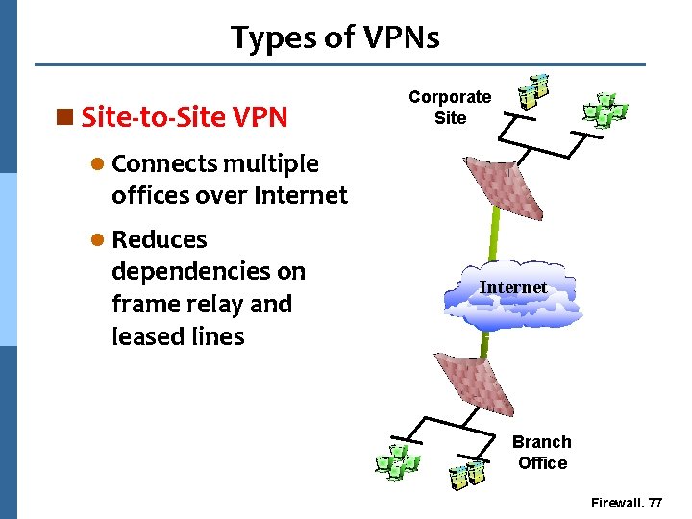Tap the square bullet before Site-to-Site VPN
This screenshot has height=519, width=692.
(65, 117)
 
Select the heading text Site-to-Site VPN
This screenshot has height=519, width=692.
(185, 117)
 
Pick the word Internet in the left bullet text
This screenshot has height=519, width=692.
(300, 196)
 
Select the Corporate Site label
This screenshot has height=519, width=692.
(450, 108)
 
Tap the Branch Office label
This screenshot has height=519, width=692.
(542, 453)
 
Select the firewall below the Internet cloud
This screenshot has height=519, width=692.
(478, 387)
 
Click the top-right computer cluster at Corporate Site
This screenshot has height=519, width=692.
(605, 111)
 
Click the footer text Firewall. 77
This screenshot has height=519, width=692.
(627, 503)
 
